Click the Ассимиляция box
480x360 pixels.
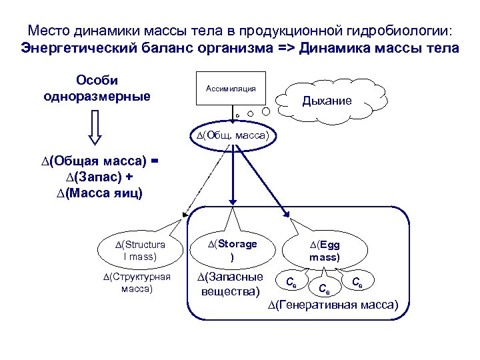click(x=231, y=89)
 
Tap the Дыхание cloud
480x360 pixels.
click(x=326, y=102)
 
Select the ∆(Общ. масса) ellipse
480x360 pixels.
click(x=232, y=135)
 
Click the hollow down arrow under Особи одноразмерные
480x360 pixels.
click(x=94, y=127)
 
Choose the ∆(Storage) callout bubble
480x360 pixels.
click(x=231, y=249)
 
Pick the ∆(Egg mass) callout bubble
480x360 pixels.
click(x=324, y=250)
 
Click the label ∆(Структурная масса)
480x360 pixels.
click(x=136, y=283)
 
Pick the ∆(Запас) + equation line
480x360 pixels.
click(x=99, y=177)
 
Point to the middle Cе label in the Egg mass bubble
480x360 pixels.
click(x=323, y=289)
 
